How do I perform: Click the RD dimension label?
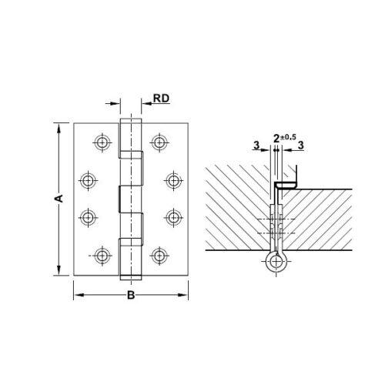pos(161,99)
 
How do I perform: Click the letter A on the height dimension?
pos(57,199)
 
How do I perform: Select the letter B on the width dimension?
pos(131,296)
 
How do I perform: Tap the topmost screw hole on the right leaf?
pos(159,142)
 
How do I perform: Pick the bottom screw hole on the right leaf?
pos(159,256)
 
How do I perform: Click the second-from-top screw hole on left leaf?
pos(88,181)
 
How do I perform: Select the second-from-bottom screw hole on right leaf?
pos(173,218)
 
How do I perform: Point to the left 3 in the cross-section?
pos(255,144)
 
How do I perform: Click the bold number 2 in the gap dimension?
pos(276,139)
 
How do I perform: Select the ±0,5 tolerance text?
pos(289,136)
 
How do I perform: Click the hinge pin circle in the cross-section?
pos(276,261)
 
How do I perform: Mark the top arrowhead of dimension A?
pos(59,125)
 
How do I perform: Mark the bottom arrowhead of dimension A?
pos(59,272)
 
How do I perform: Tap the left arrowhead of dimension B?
pos(77,293)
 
